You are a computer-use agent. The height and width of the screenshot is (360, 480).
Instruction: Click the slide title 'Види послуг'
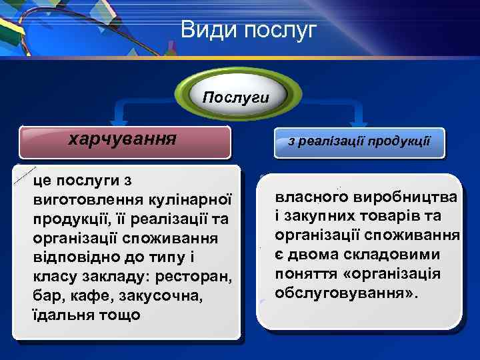249,30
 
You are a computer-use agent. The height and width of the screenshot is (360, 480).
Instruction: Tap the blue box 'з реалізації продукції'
359,142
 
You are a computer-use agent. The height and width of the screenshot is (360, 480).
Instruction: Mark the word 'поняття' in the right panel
305,274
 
